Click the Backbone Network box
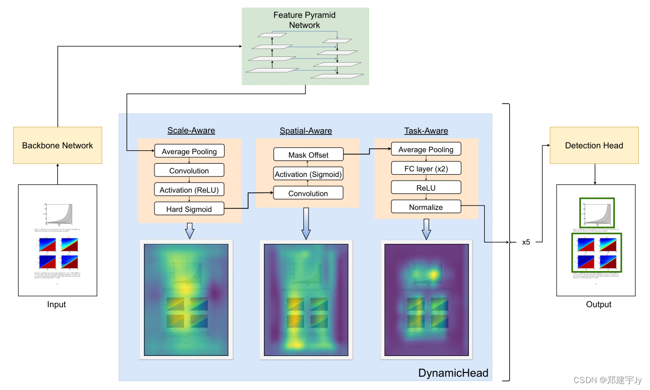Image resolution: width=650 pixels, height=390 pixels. point(57,145)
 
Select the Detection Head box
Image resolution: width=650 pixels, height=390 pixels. point(594,145)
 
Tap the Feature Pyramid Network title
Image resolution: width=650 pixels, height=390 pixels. point(304,20)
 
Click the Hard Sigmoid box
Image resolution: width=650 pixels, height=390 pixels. point(189,209)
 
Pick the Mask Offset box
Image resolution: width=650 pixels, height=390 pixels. point(308,155)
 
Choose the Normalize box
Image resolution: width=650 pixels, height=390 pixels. point(425,207)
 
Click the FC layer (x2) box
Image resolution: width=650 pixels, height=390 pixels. point(425,168)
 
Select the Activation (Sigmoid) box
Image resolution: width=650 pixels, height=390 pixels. point(308,174)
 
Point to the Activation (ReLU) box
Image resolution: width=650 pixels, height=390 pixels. point(189,190)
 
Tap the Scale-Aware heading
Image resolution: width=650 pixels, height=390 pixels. point(191,130)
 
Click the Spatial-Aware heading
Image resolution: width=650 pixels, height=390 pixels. point(306,130)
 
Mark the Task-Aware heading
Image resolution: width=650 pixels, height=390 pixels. point(425,130)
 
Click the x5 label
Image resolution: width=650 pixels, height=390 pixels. point(526,242)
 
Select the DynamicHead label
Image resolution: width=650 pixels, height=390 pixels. point(453,372)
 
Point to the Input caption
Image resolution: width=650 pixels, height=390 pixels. point(56,304)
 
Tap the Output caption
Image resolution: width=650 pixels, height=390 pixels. point(598,304)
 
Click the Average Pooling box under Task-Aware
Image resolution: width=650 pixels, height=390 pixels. point(425,149)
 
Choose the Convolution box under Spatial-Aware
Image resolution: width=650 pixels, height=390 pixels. point(308,193)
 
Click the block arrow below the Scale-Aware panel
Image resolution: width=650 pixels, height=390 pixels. point(189,231)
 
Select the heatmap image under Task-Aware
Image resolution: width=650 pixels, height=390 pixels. point(426,300)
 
